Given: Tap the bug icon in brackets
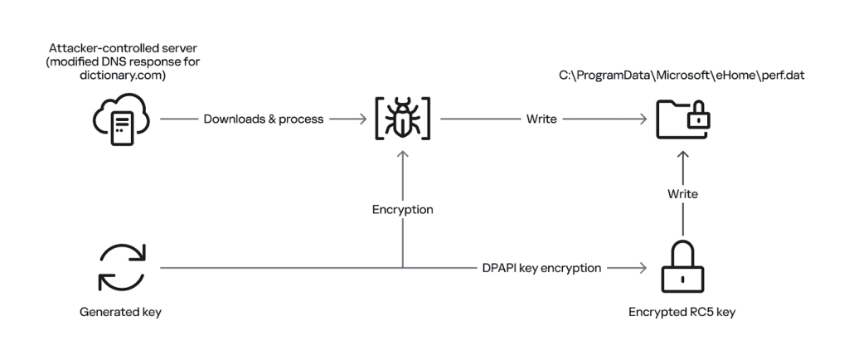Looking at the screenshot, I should tap(402, 119).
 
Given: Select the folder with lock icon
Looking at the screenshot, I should tap(683, 119).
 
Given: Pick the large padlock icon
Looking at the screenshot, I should tap(683, 267).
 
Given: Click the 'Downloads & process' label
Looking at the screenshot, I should tap(264, 119).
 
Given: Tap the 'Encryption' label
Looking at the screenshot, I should tap(402, 210).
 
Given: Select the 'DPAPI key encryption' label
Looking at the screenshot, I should tap(541, 269).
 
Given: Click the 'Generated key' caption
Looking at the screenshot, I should tap(121, 314).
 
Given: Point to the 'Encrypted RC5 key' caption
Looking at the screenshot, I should tap(682, 314).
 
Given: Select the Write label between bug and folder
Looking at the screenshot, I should tap(541, 119).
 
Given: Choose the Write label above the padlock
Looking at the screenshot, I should tap(683, 194).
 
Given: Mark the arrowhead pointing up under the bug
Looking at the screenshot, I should tap(402, 154).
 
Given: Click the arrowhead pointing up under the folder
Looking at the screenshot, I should tap(683, 154).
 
